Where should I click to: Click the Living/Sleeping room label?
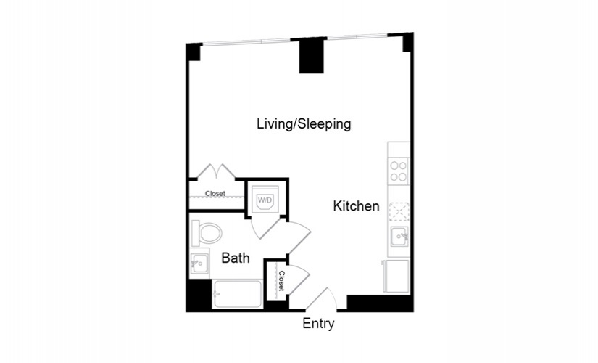point(304,124)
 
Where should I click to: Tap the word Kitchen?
point(356,206)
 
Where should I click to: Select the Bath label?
point(236,258)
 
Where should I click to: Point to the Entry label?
point(318,324)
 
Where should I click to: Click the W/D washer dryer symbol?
point(265,199)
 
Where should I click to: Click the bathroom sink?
point(199,264)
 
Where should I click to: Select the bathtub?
point(238,294)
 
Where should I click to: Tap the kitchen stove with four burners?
point(399,171)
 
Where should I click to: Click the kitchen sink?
point(399,237)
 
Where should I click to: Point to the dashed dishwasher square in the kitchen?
point(399,212)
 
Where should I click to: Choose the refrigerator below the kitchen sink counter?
point(396,276)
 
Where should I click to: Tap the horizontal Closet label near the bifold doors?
point(215,194)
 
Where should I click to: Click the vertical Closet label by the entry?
point(281,281)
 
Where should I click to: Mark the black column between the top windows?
point(311,56)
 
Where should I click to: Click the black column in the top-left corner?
point(194,52)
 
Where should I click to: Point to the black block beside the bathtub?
point(199,295)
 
